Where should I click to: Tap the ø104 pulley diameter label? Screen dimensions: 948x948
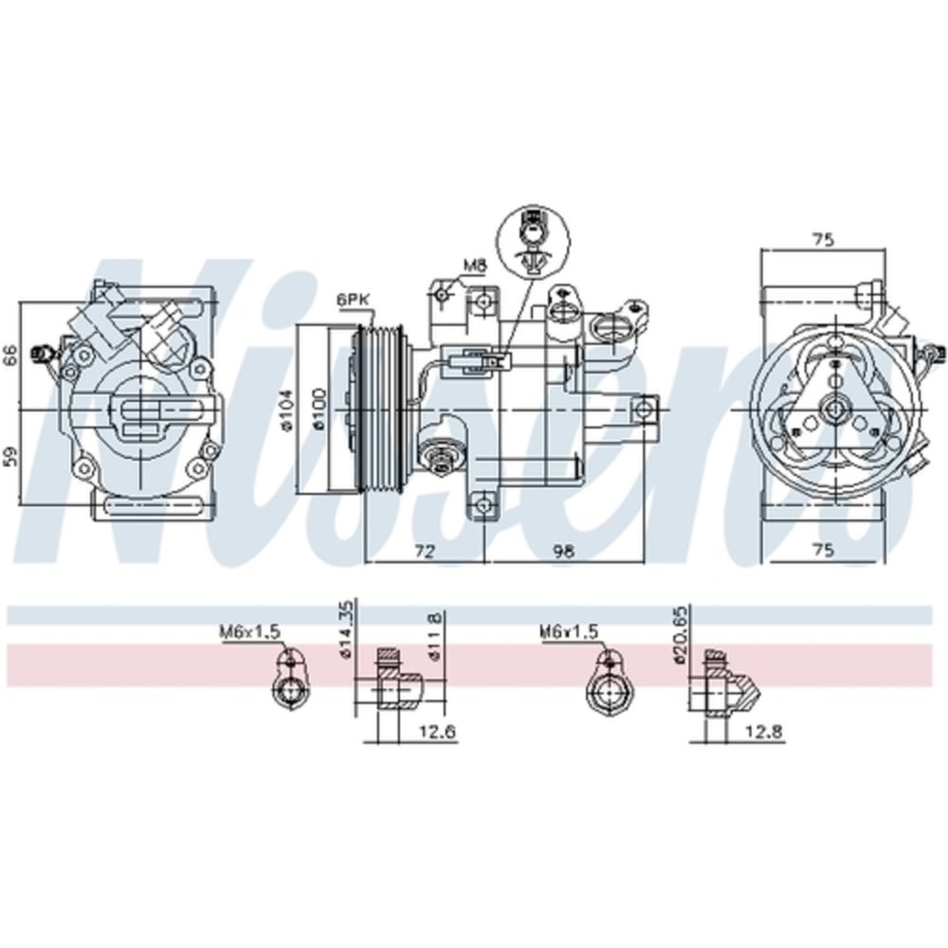(x=288, y=410)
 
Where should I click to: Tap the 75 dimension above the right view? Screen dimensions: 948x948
(x=823, y=240)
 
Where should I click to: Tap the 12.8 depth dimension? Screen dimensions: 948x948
(x=765, y=731)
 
